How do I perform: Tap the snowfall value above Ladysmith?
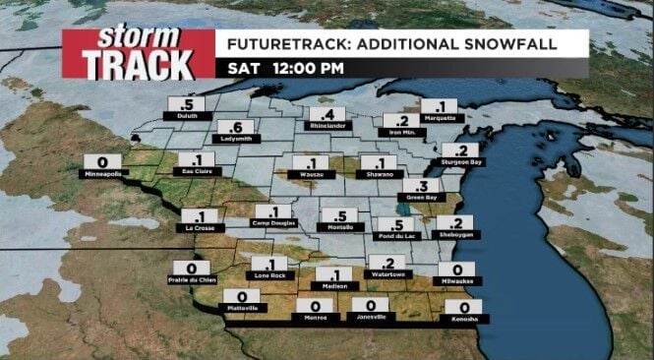tap(234, 127)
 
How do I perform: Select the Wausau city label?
tap(311, 175)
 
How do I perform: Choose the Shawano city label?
tap(378, 175)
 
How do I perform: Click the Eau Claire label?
tap(197, 172)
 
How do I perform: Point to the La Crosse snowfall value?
tap(200, 214)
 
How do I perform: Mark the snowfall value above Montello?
tap(340, 215)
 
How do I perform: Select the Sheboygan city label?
tap(459, 236)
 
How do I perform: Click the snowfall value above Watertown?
tap(387, 262)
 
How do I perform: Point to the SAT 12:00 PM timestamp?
tap(285, 68)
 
